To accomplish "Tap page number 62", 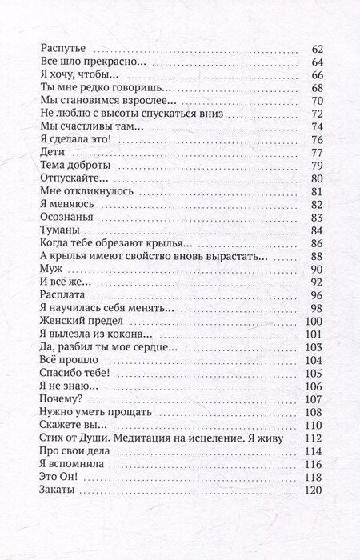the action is coord(315,50).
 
